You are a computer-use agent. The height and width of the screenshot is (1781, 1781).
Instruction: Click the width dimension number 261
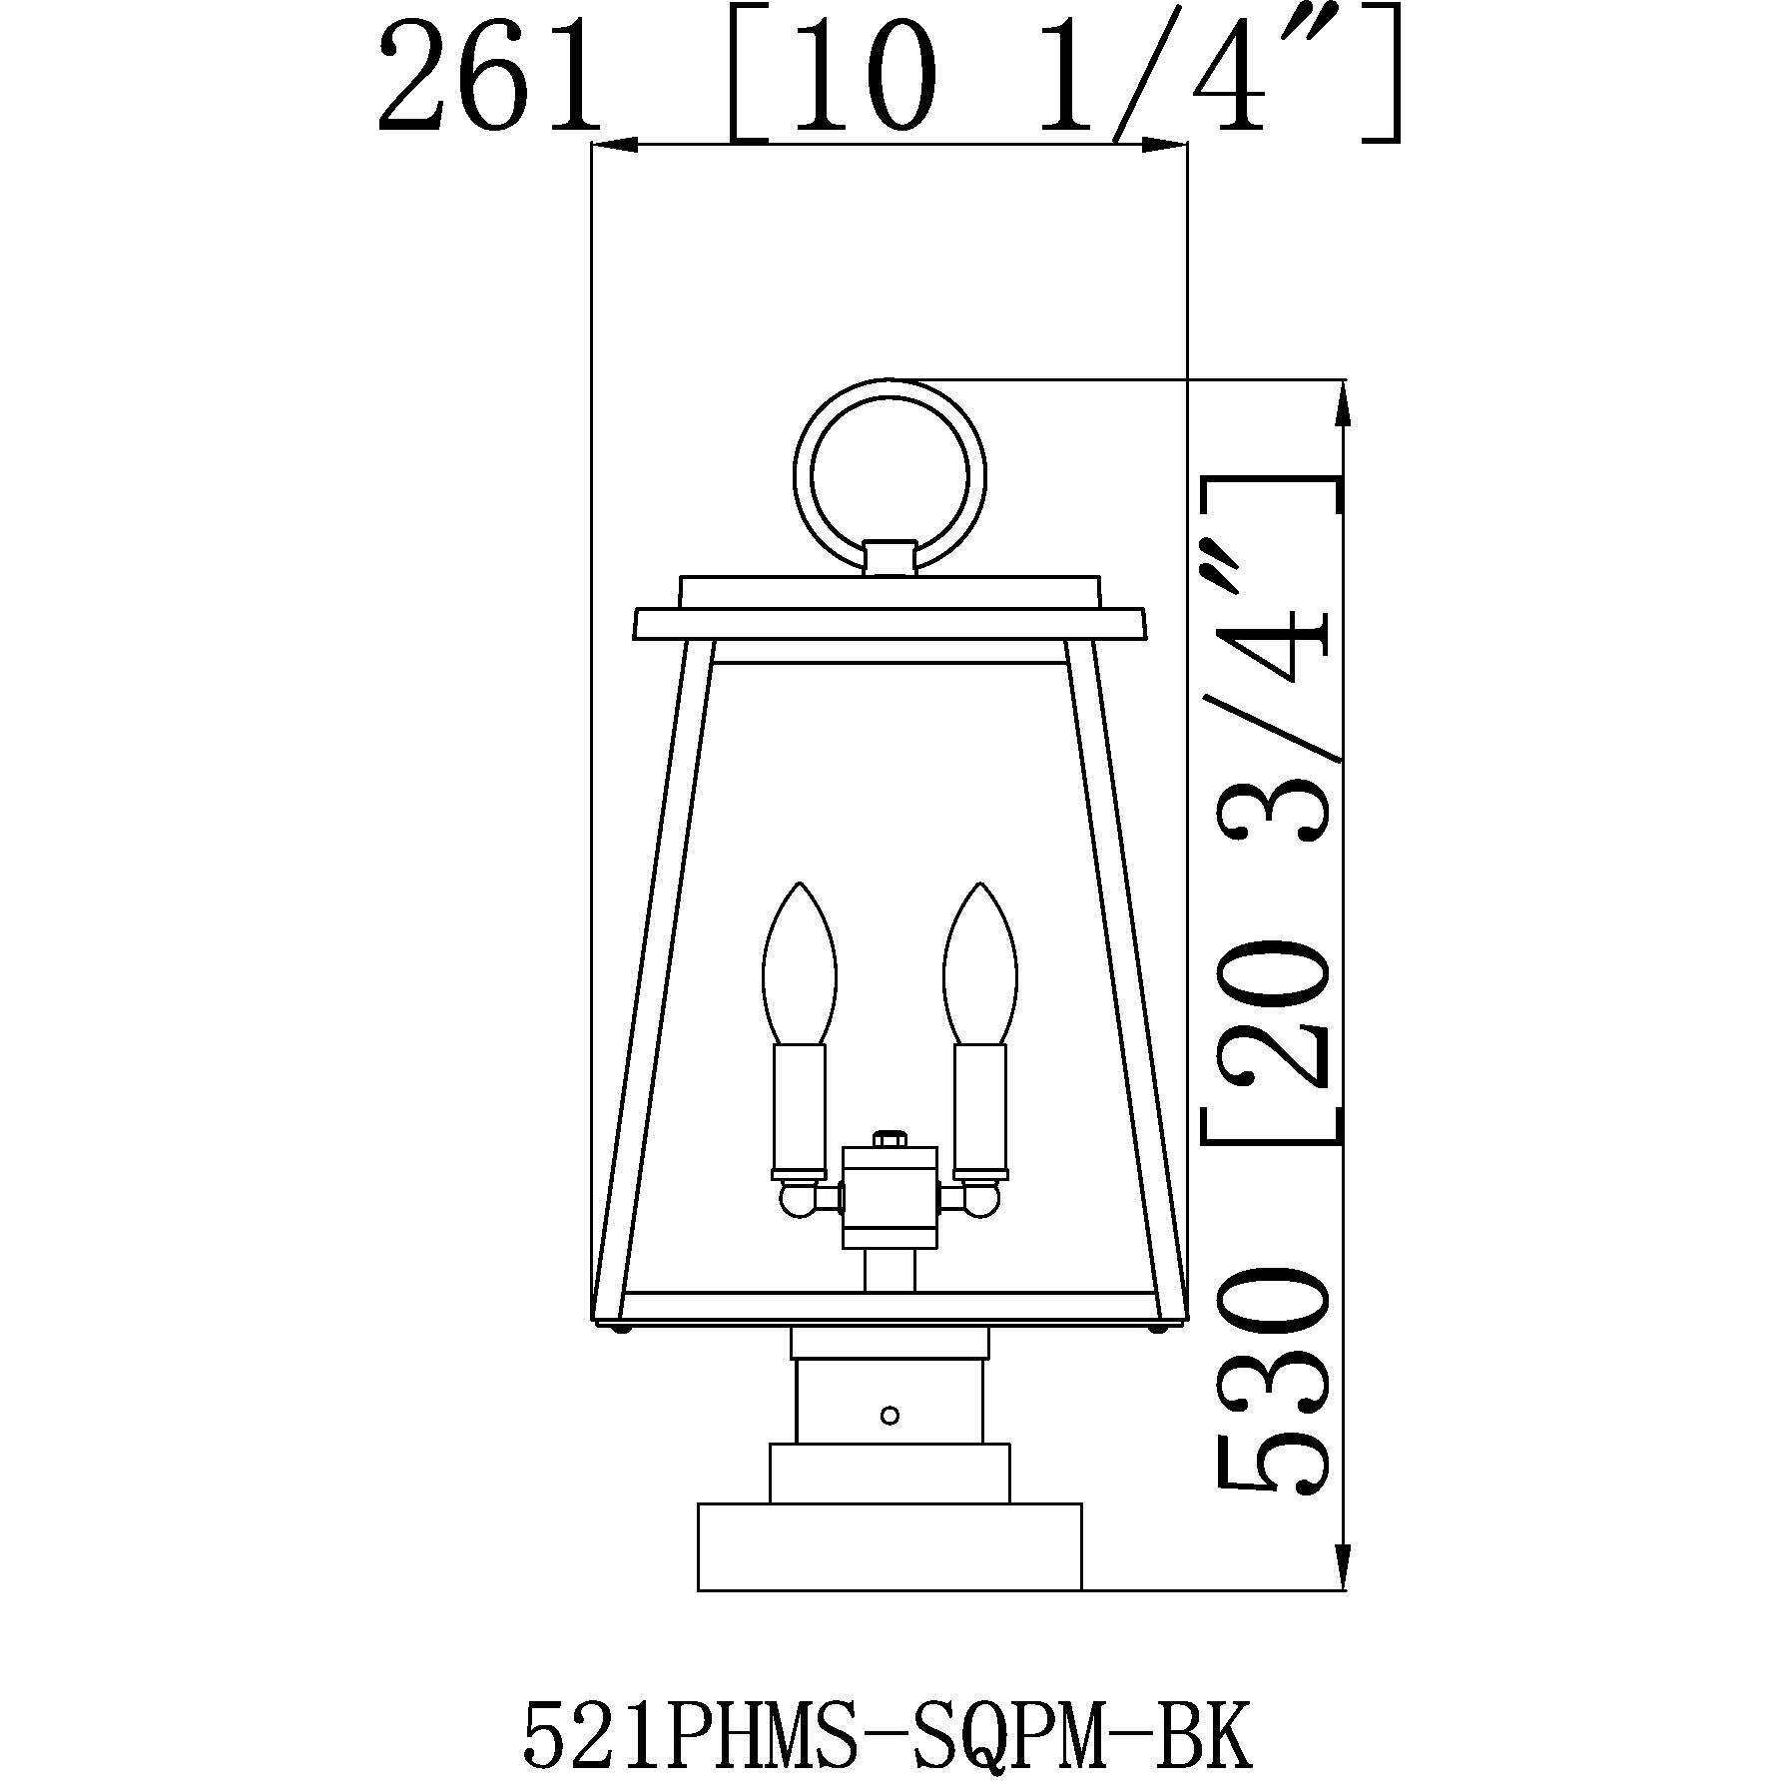point(488,80)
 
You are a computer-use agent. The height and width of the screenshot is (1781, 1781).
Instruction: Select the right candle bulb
point(980,962)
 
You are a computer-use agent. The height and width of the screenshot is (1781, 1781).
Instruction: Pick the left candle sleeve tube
point(798,1108)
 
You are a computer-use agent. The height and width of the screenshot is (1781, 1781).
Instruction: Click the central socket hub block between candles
point(890,1198)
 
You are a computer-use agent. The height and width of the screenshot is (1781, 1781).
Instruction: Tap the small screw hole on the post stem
point(890,1415)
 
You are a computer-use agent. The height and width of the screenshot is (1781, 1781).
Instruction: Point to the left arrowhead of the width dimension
point(613,147)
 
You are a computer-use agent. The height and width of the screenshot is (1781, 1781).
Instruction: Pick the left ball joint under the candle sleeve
point(796,1198)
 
